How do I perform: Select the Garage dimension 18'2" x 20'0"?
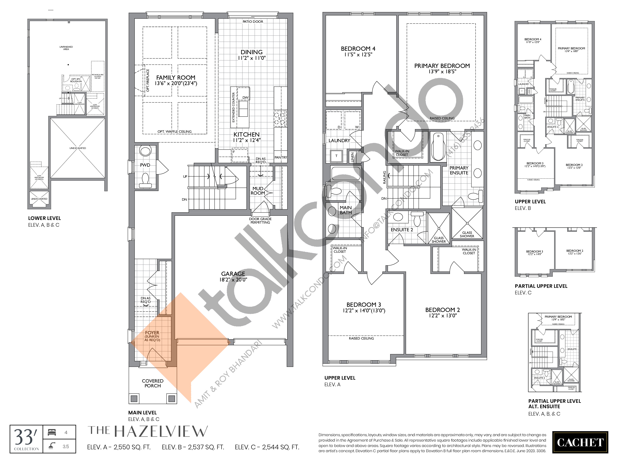click(233, 280)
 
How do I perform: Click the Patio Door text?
click(253, 21)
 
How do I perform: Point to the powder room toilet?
click(145, 180)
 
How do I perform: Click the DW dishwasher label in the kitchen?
click(245, 97)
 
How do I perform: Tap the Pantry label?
click(280, 157)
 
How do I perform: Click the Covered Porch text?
click(153, 383)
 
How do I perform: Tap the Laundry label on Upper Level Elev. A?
click(339, 141)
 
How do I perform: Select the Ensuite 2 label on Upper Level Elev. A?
click(402, 230)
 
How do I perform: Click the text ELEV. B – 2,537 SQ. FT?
click(193, 447)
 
